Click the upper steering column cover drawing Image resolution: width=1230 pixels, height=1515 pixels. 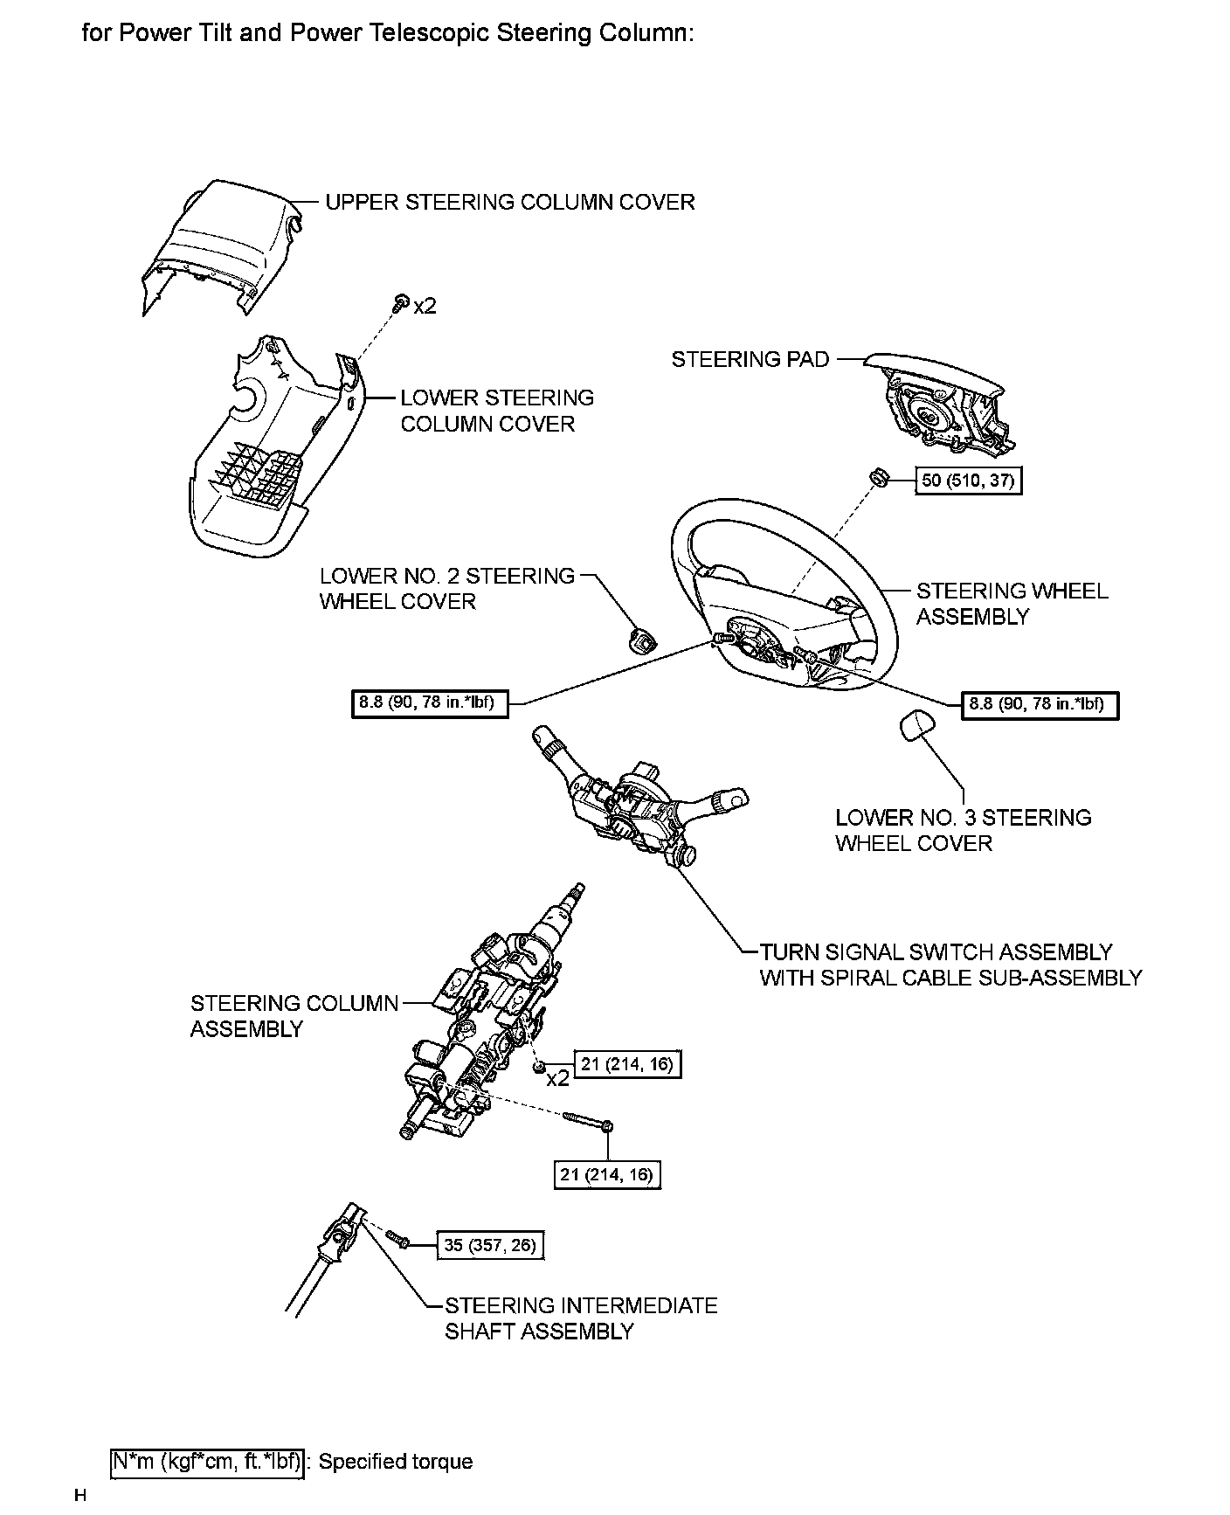click(x=218, y=245)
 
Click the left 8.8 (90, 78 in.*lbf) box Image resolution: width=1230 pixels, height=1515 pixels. click(x=431, y=703)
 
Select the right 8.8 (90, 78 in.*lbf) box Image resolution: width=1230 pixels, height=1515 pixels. click(x=1039, y=705)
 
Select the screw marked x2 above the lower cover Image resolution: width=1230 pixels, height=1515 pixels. click(x=400, y=303)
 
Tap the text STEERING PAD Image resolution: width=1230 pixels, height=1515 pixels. click(x=750, y=360)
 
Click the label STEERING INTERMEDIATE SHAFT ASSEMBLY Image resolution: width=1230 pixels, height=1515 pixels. click(x=580, y=1318)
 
